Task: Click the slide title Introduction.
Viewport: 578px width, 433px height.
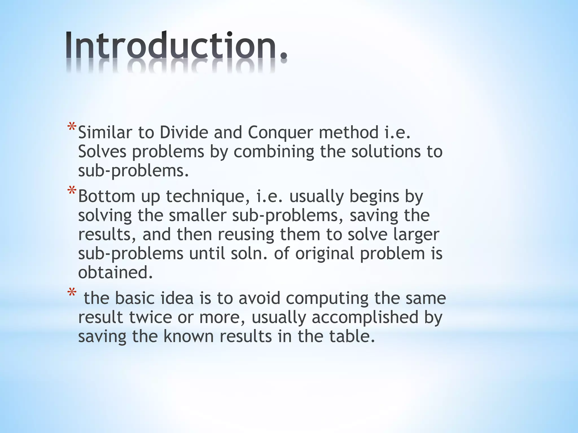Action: pos(176,45)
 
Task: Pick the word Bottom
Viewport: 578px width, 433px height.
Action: pos(107,196)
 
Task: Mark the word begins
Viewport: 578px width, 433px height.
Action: pos(374,197)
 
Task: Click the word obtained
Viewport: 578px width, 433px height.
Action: pos(115,273)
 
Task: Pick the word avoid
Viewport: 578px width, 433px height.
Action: pos(259,298)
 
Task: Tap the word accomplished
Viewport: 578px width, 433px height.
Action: pos(365,318)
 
